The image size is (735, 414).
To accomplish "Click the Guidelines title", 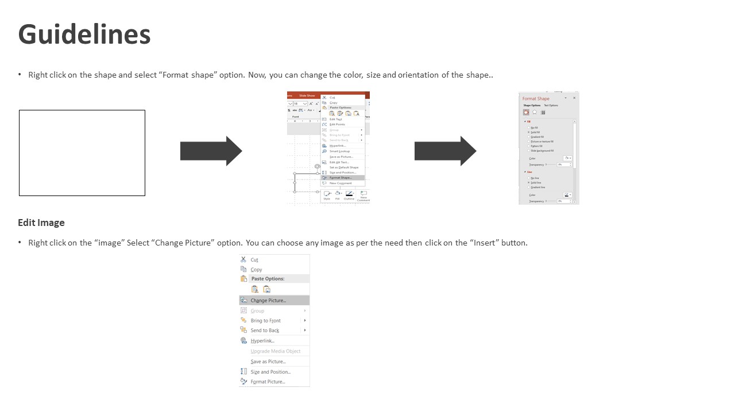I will pyautogui.click(x=84, y=34).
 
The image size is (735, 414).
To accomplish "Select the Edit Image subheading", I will pyautogui.click(x=41, y=223).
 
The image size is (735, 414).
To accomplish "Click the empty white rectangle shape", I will pyautogui.click(x=82, y=153).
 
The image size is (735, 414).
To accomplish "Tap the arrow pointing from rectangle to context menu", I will pyautogui.click(x=211, y=151).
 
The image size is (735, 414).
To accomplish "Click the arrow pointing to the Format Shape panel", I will pyautogui.click(x=445, y=151).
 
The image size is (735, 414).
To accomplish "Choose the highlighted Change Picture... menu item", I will pyautogui.click(x=268, y=300).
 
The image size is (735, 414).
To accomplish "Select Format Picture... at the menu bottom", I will pyautogui.click(x=268, y=382).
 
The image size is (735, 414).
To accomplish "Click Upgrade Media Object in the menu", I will pyautogui.click(x=275, y=351).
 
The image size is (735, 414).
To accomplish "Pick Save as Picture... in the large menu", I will pyautogui.click(x=268, y=362).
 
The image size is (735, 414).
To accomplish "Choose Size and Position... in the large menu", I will pyautogui.click(x=270, y=372).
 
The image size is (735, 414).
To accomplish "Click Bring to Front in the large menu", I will pyautogui.click(x=265, y=321).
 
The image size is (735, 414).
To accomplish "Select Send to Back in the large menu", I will pyautogui.click(x=265, y=331).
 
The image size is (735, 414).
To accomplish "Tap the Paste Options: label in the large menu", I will pyautogui.click(x=268, y=279).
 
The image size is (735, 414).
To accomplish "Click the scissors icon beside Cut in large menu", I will pyautogui.click(x=243, y=260).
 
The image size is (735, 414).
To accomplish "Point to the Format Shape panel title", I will pyautogui.click(x=536, y=99).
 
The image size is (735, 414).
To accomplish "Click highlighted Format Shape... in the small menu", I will pyautogui.click(x=341, y=178).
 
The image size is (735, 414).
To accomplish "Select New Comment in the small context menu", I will pyautogui.click(x=341, y=183).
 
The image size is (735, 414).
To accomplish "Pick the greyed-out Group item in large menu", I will pyautogui.click(x=257, y=311).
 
